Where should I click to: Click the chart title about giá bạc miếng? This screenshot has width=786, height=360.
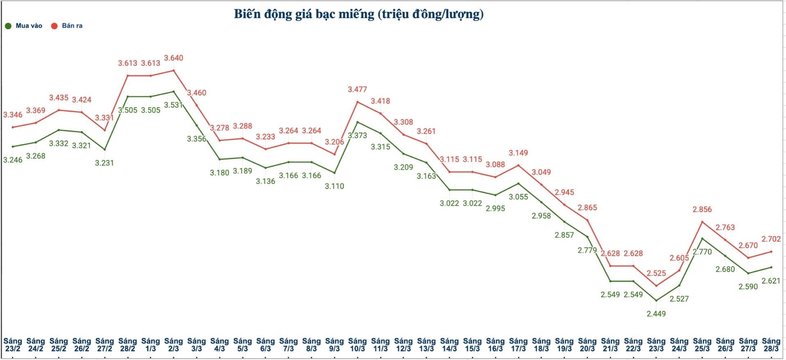coord(359,14)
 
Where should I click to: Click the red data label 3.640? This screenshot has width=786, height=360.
coord(174,58)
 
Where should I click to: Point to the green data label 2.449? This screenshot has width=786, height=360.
coord(656,314)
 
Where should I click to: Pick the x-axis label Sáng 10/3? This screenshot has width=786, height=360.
coord(357,344)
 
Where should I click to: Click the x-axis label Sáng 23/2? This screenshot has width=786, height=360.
coord(13,344)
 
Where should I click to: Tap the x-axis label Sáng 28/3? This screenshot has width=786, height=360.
coord(771,344)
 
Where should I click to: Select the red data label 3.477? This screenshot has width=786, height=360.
coord(357,89)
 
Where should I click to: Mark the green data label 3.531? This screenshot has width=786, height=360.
coord(173,105)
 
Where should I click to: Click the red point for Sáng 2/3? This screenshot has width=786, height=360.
coord(174,70)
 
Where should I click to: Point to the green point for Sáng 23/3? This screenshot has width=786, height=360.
coord(656,301)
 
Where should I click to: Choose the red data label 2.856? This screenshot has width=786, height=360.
coord(702,209)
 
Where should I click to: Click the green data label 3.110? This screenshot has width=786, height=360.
coord(334,186)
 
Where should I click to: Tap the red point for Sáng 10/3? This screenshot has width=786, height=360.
coord(357,102)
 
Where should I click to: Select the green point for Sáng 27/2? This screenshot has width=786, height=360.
coord(105,149)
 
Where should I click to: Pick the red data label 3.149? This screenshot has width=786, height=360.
coord(518,153)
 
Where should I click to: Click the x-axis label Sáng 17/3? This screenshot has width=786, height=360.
coord(518,344)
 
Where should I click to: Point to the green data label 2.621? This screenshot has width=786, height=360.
coord(771,281)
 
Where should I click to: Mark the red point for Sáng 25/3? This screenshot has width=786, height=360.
coord(702,222)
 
